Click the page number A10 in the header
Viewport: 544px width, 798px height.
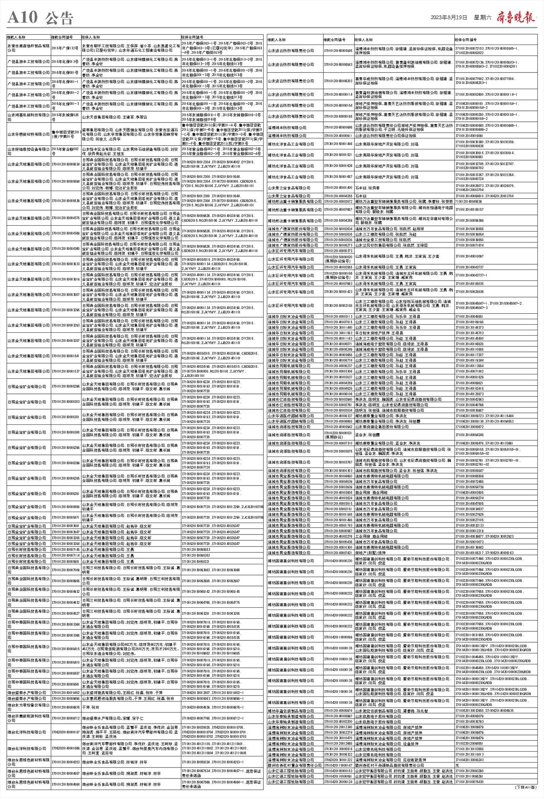click(x=22, y=17)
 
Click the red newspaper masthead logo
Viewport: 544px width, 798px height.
click(x=515, y=17)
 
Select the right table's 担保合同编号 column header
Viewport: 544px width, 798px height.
click(x=466, y=40)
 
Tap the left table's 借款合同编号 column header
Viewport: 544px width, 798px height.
click(x=62, y=37)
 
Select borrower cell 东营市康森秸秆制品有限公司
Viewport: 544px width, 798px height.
click(x=28, y=48)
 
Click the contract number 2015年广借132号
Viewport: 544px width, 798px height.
click(x=65, y=48)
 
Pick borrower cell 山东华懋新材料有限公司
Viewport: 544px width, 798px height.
click(x=29, y=134)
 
